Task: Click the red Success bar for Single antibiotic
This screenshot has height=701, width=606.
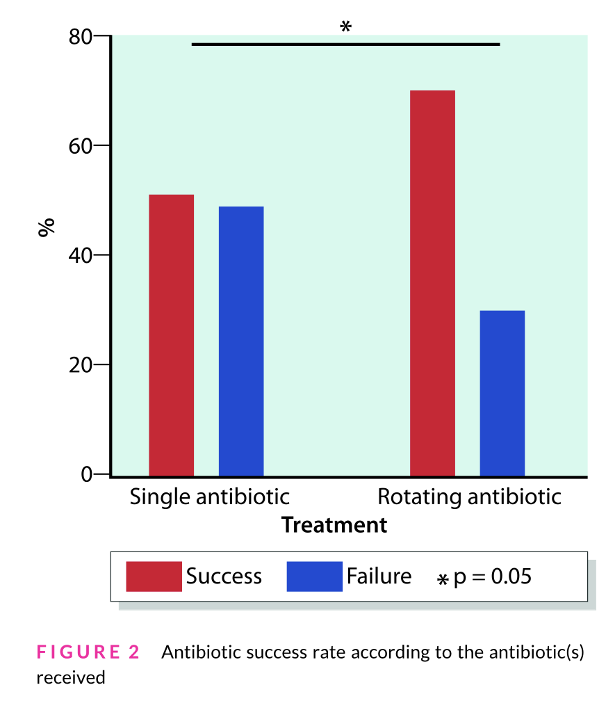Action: click(172, 335)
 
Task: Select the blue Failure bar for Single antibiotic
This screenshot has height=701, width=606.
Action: click(241, 341)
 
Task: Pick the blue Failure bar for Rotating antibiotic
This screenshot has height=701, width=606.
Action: click(502, 393)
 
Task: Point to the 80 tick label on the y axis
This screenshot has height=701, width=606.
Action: click(81, 37)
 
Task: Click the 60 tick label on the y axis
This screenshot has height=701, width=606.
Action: click(81, 146)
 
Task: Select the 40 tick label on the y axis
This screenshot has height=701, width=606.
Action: click(81, 255)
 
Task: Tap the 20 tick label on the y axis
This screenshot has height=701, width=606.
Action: click(81, 364)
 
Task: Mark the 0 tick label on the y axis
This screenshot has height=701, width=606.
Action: click(87, 474)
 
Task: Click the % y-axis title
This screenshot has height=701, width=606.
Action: click(47, 227)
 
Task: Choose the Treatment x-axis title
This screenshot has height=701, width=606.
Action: click(334, 525)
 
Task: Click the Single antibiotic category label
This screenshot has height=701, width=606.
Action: click(209, 497)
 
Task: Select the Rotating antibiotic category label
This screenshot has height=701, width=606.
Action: click(468, 497)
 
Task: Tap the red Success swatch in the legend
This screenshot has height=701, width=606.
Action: click(154, 577)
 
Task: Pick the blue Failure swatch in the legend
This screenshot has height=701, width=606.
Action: click(314, 577)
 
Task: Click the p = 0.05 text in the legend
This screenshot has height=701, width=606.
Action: click(492, 577)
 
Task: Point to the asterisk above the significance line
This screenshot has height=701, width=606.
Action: click(345, 27)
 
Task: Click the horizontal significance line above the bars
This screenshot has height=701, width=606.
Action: click(345, 44)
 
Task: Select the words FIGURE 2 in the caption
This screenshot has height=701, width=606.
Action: click(88, 652)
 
